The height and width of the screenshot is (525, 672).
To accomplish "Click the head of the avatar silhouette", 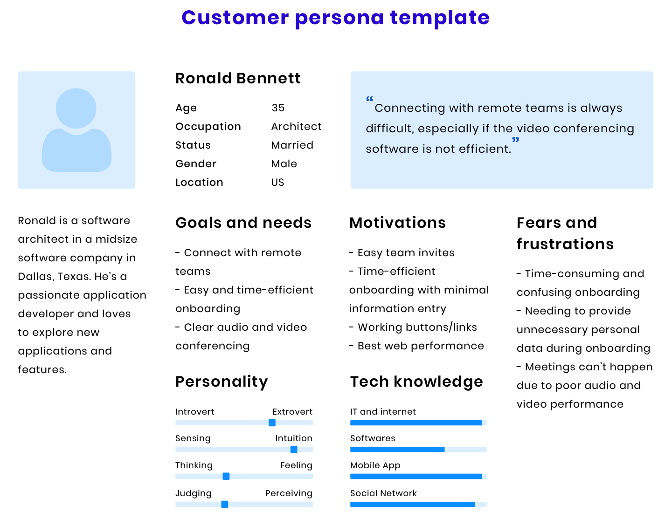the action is coord(76,109).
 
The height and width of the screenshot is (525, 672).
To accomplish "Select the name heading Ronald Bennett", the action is coord(238,78).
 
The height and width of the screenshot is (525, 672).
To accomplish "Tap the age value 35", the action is coord(278,108).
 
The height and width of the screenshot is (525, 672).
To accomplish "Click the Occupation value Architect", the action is coord(296,126).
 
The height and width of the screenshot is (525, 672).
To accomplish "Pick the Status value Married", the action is coord(292,145).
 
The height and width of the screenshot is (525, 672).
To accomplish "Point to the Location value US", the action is coord(277,182).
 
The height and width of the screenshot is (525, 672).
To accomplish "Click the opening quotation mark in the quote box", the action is coord(369,99).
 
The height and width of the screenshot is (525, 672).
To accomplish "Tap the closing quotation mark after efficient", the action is coord(515,140).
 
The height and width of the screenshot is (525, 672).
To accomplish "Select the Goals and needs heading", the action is coord(243,223).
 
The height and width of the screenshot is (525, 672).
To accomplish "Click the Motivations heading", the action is coord(398,223).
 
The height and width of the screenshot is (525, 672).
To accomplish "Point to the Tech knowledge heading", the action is coord(416,382).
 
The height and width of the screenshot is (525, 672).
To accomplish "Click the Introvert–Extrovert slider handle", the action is coord(272,423).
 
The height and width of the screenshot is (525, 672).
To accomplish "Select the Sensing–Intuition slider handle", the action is coord(294,450).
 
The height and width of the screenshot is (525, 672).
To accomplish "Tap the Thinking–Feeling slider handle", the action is coord(226,477).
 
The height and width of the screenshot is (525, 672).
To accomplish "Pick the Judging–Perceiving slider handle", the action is coord(225,505).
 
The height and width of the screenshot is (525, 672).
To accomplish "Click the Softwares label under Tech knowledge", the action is coord(373,438).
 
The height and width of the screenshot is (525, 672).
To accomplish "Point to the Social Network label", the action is coord(383,493).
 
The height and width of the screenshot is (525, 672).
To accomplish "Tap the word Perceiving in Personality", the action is coord(289,493).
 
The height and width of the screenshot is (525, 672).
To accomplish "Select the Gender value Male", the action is coord(284,164).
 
